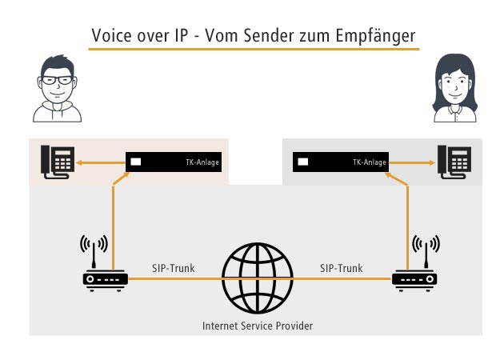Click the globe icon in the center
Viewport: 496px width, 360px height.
[x=257, y=278]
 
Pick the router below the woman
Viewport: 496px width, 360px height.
[x=414, y=278]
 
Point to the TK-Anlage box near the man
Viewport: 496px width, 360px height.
[x=173, y=162]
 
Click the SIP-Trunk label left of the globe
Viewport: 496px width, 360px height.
[x=173, y=268]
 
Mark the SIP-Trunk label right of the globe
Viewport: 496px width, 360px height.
[x=342, y=268]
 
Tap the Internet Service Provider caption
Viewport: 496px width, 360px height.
[x=256, y=326]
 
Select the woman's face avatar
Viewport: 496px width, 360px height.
[x=454, y=85]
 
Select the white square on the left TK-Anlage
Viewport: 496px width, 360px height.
[x=135, y=162]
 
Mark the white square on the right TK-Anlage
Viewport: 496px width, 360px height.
[x=303, y=162]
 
